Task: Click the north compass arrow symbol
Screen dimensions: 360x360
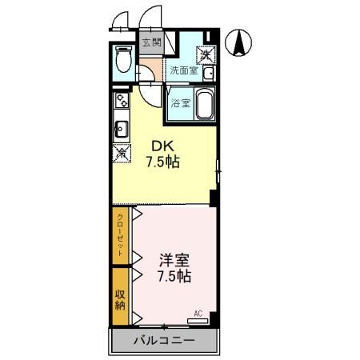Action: pos(238,42)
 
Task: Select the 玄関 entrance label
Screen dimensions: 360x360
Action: pos(150,42)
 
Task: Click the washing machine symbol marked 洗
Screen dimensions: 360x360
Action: pos(206,54)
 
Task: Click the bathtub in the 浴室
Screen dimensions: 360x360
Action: pos(203,104)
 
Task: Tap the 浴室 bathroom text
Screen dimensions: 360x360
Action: pos(180,103)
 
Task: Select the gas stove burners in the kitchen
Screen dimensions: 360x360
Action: pos(121,102)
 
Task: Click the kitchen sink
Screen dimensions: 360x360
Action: pos(122,127)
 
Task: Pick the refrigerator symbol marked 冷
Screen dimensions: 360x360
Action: pos(122,152)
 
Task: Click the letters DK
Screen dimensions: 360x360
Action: pos(162,146)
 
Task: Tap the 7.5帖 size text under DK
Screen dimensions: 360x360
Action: pos(162,162)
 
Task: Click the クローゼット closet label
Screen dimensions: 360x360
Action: pos(121,234)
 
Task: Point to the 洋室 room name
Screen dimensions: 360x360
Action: pos(174,260)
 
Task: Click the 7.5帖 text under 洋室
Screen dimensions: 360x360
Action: pos(174,276)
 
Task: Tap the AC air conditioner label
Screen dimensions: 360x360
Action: pos(199,313)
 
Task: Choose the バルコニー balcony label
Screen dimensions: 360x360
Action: pos(163,341)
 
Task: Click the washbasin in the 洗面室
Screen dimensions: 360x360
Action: pos(208,74)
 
